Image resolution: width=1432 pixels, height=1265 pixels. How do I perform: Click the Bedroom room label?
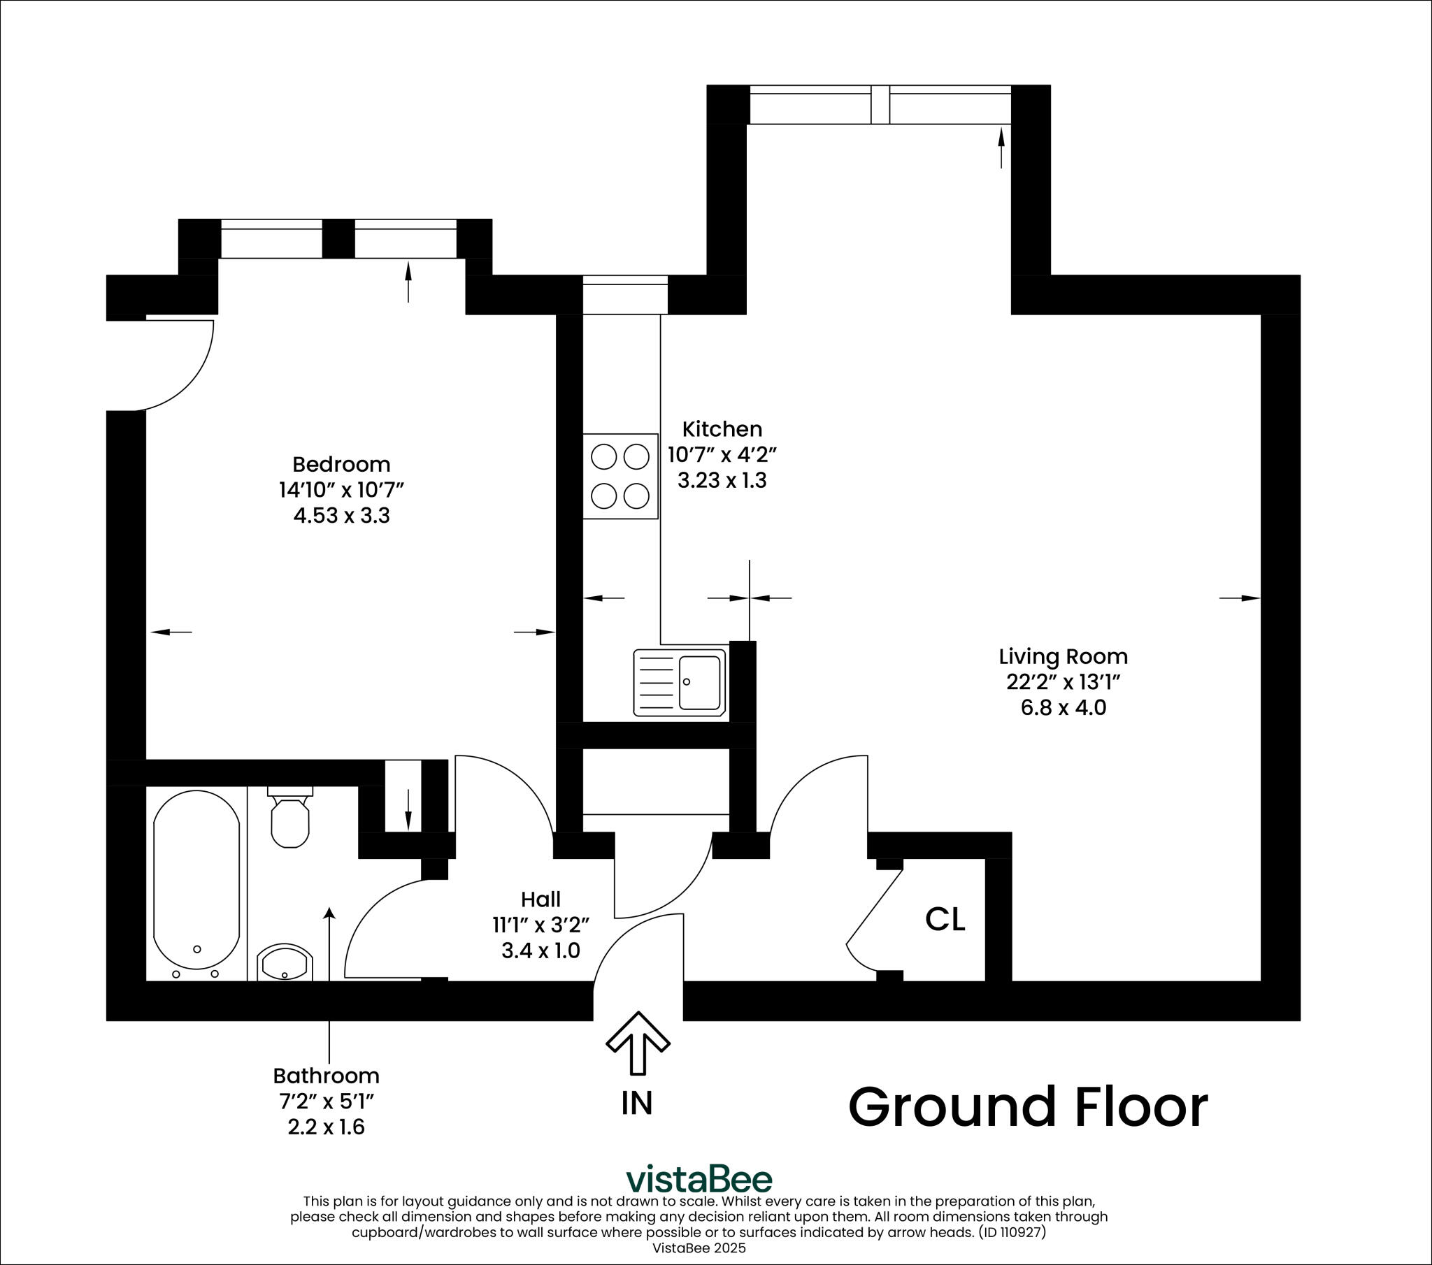click(x=341, y=464)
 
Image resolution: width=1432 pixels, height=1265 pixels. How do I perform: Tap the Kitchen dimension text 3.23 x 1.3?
click(x=722, y=481)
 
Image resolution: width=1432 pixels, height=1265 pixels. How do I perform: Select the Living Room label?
click(x=1063, y=656)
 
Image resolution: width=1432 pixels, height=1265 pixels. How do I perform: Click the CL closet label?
click(x=945, y=920)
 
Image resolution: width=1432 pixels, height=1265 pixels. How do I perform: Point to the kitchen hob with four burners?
click(x=620, y=477)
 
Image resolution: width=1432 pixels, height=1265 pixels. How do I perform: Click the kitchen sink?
click(x=680, y=682)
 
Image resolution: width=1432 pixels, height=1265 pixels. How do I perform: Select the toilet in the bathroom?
click(x=289, y=820)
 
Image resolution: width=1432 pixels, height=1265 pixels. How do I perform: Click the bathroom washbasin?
click(x=284, y=963)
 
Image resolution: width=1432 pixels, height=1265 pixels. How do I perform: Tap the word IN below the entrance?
click(x=637, y=1103)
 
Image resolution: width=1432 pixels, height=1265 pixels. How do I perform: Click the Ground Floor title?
click(x=1028, y=1108)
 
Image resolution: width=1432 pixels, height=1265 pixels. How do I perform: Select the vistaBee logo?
click(x=699, y=1180)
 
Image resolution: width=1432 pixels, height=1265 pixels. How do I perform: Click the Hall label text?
click(x=540, y=899)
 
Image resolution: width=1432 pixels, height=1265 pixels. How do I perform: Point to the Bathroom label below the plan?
click(x=326, y=1076)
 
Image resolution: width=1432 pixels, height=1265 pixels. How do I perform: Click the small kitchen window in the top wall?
click(x=625, y=294)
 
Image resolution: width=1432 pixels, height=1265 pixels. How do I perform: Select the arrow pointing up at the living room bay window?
click(x=1001, y=147)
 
